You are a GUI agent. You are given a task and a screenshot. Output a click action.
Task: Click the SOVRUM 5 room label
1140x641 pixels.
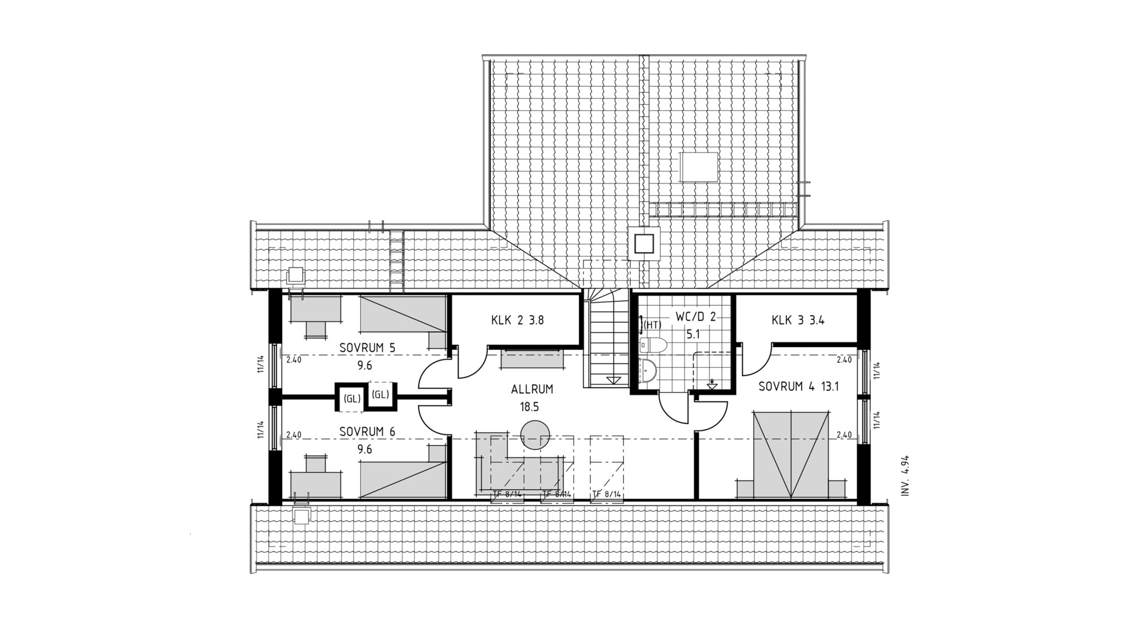click(367, 348)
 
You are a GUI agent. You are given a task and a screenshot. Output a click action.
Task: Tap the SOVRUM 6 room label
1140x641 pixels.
click(367, 432)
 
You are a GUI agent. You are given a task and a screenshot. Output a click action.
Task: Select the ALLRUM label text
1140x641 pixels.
click(533, 389)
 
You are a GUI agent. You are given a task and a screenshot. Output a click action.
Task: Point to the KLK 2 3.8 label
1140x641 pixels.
click(517, 320)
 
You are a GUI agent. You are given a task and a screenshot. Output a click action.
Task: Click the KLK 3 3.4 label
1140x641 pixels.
click(798, 320)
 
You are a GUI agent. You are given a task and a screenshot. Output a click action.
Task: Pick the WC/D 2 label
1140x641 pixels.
click(696, 317)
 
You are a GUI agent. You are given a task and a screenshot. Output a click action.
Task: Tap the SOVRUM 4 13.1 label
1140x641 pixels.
click(798, 387)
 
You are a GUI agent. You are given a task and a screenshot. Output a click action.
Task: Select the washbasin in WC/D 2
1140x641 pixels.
click(648, 372)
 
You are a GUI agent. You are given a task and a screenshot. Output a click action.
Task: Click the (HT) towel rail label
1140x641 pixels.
click(652, 325)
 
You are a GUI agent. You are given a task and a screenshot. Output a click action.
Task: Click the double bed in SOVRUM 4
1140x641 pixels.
click(790, 455)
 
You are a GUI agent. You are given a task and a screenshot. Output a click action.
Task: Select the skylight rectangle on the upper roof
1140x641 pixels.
click(699, 166)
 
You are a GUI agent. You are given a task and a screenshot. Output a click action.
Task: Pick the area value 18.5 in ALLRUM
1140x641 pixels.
click(530, 407)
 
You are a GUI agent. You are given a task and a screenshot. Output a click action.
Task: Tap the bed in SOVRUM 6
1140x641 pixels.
click(404, 472)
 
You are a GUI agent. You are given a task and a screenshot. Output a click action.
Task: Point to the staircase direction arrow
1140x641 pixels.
click(613, 380)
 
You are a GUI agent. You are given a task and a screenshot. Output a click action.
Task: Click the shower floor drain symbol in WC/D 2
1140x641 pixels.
click(712, 384)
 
